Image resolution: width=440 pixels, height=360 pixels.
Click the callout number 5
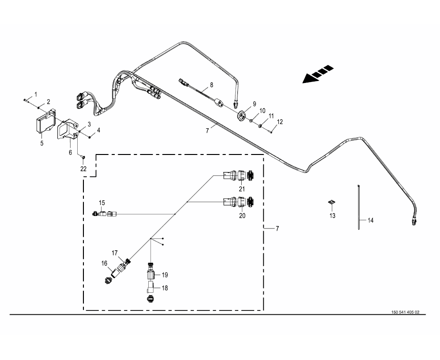tap(41, 143)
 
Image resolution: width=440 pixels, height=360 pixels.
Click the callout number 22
tap(83, 169)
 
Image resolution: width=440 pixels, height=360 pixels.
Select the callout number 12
tap(280, 122)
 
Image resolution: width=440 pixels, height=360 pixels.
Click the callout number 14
tap(370, 220)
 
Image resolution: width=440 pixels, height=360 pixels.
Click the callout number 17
tap(114, 253)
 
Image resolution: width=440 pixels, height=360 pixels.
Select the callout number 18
tap(164, 288)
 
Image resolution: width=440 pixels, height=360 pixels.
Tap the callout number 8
tap(212, 85)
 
